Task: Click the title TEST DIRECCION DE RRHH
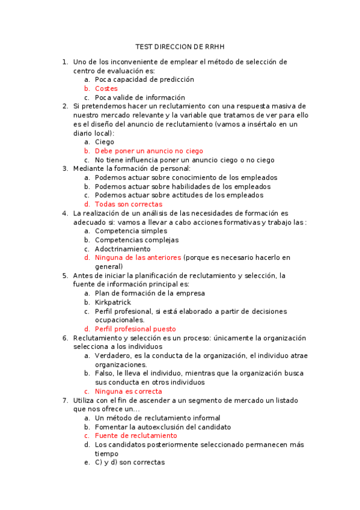(180, 46)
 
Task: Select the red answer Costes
(106, 88)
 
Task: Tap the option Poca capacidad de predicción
(144, 79)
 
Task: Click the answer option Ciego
(105, 142)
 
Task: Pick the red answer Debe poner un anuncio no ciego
(149, 151)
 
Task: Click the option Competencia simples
(131, 231)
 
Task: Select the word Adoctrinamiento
(123, 248)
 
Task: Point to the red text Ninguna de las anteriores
(138, 257)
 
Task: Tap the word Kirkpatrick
(113, 302)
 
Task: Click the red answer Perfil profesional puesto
(135, 329)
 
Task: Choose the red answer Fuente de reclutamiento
(136, 435)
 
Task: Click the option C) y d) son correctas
(130, 462)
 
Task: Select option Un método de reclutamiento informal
(157, 418)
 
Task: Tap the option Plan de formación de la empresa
(150, 293)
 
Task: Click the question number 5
(65, 275)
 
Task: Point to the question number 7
(65, 400)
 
